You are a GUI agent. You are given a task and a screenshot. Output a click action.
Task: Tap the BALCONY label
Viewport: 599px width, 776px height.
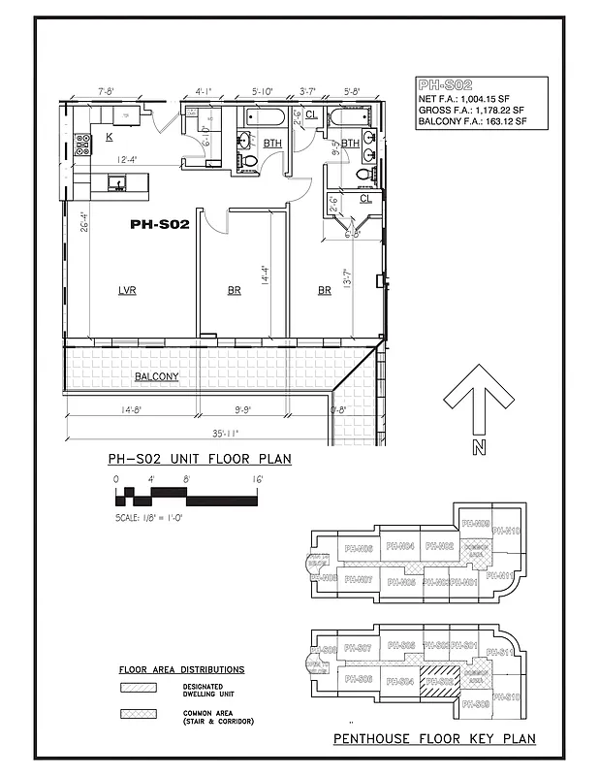(156, 376)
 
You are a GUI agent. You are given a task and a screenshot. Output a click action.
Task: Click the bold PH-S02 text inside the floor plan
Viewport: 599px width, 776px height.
(159, 224)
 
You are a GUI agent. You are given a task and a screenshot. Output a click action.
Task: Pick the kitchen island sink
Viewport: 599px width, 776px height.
(115, 181)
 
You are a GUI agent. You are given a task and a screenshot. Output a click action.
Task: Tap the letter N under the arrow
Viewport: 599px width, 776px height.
(478, 447)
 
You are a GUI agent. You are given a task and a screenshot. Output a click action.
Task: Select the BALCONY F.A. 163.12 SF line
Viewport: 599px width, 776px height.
(472, 122)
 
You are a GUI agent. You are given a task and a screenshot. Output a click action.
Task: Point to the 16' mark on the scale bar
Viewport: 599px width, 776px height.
(257, 480)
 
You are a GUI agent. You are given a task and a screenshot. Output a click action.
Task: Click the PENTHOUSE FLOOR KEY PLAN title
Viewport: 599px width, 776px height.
(434, 739)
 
